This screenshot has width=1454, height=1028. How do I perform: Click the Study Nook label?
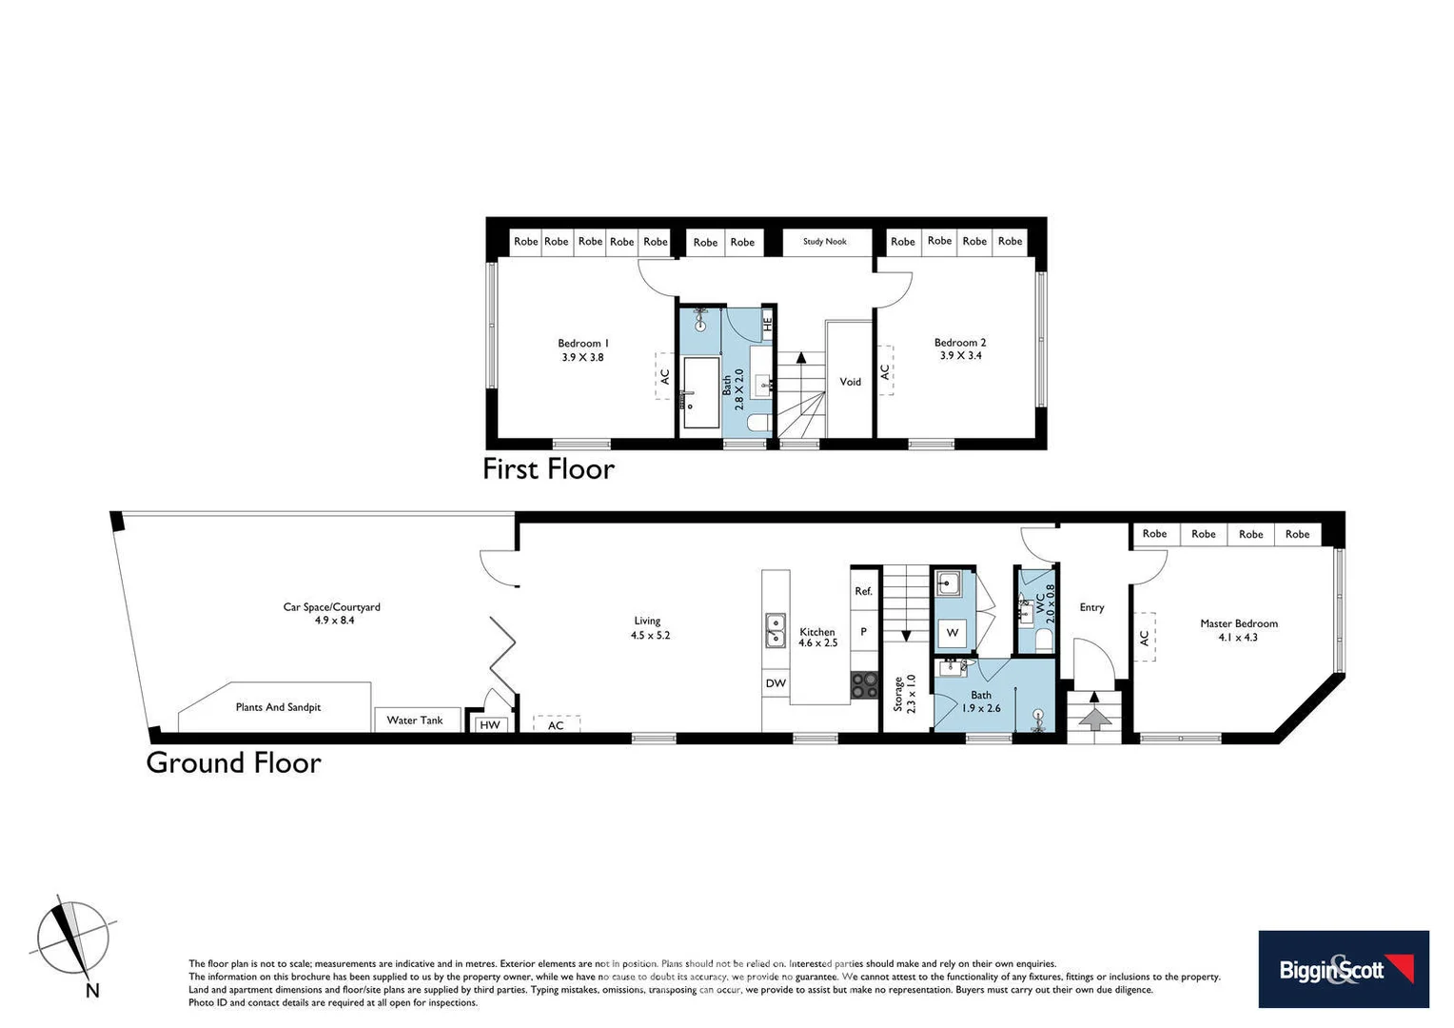pyautogui.click(x=824, y=242)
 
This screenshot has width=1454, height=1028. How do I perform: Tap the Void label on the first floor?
pyautogui.click(x=850, y=382)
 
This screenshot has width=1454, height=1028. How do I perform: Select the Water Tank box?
pyautogui.click(x=416, y=721)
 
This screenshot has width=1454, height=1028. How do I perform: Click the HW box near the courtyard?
pyautogui.click(x=490, y=725)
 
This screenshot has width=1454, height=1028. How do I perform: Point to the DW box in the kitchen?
pyautogui.click(x=776, y=683)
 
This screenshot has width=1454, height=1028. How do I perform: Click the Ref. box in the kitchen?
pyautogui.click(x=863, y=591)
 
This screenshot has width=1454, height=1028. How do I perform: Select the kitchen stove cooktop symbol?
pyautogui.click(x=864, y=685)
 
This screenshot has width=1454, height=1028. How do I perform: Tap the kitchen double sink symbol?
pyautogui.click(x=776, y=630)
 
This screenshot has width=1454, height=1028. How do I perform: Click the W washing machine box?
pyautogui.click(x=953, y=633)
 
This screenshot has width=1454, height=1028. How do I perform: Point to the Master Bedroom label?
pyautogui.click(x=1238, y=623)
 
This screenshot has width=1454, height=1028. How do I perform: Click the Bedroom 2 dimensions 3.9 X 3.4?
pyautogui.click(x=960, y=356)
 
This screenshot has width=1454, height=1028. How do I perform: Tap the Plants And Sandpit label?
pyautogui.click(x=278, y=707)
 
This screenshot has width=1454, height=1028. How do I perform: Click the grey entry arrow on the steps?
pyautogui.click(x=1094, y=718)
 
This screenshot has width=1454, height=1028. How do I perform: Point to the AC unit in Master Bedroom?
pyautogui.click(x=1145, y=638)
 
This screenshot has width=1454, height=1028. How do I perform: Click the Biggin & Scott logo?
pyautogui.click(x=1343, y=969)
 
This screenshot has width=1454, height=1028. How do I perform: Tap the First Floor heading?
pyautogui.click(x=548, y=469)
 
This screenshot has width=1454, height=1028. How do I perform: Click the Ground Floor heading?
pyautogui.click(x=233, y=763)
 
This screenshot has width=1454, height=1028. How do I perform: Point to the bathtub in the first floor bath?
pyautogui.click(x=701, y=392)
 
